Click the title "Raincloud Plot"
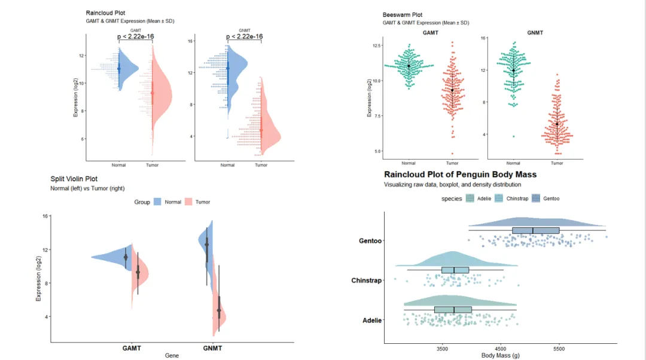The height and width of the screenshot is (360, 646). [x=105, y=13]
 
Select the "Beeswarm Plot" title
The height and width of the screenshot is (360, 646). [x=402, y=15]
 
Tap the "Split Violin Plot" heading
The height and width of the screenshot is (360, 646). [x=74, y=179]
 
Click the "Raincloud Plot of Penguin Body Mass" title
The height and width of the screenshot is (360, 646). [x=460, y=175]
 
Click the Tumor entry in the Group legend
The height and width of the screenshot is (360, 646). [x=198, y=202]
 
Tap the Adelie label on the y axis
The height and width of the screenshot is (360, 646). [x=372, y=321]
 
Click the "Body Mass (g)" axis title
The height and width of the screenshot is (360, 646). [x=501, y=355]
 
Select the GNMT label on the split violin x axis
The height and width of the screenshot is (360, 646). [x=212, y=347]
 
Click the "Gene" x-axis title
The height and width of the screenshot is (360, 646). [x=172, y=355]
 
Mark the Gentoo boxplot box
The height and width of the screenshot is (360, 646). [x=535, y=230]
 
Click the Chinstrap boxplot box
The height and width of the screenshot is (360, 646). [x=455, y=270]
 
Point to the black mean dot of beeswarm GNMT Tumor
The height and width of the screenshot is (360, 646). [x=557, y=124]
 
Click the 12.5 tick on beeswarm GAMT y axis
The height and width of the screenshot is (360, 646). [x=377, y=45]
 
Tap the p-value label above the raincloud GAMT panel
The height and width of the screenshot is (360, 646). [x=135, y=36]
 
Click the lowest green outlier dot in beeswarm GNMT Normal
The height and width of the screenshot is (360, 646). [x=513, y=136]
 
